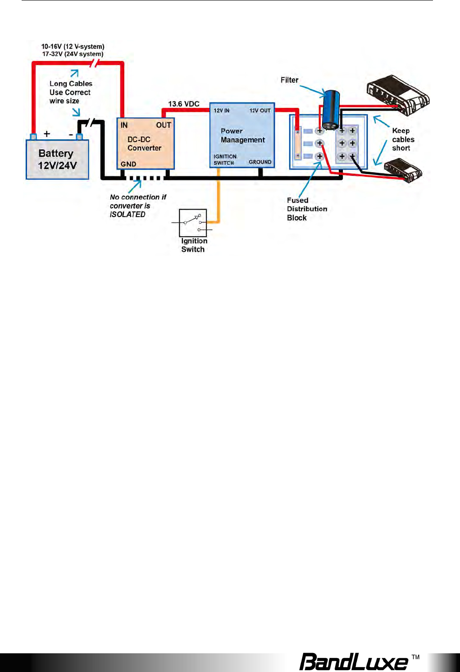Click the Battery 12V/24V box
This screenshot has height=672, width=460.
point(58,159)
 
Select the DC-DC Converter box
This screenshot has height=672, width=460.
point(146,143)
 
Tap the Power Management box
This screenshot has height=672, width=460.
point(242,135)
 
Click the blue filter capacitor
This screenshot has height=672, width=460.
point(331,110)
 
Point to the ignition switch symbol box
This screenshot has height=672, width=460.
point(193,223)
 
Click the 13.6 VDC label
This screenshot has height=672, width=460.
point(184,104)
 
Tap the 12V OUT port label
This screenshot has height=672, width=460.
point(260,110)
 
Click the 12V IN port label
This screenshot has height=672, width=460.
point(222,110)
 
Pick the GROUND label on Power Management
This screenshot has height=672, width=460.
point(260,162)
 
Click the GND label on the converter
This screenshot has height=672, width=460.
point(128,164)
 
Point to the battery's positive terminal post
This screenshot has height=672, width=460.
point(33,137)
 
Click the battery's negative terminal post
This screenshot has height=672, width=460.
point(79,137)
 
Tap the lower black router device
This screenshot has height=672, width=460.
point(403,170)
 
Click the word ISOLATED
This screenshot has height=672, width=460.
point(128,215)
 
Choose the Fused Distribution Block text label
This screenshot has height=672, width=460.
point(307,209)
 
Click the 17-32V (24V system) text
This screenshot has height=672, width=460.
point(73,54)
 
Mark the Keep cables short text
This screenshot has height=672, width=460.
point(403,139)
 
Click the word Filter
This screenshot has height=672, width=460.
point(290,80)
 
